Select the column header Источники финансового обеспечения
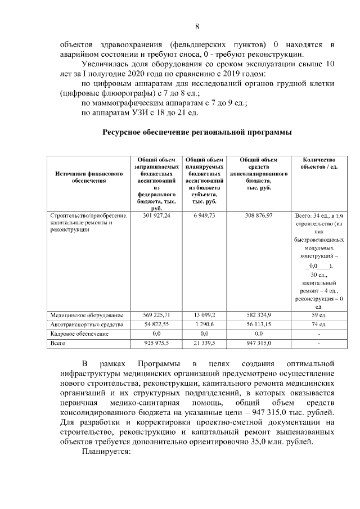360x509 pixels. point(89,178)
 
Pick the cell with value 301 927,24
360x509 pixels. point(156,216)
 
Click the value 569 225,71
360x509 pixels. point(156,315)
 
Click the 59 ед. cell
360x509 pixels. point(319,315)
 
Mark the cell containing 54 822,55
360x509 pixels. point(156,325)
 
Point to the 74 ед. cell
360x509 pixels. point(319,325)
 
